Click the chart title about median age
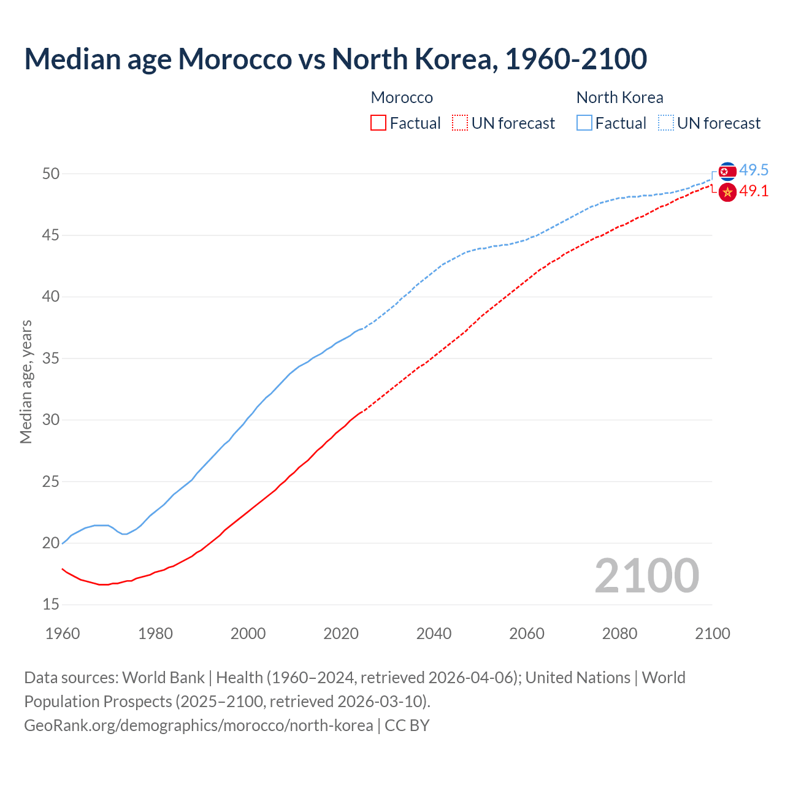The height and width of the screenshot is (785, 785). (335, 59)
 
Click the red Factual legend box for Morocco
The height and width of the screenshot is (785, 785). (378, 123)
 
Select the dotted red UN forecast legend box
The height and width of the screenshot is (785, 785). (460, 123)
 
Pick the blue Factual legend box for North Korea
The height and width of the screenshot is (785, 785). (584, 123)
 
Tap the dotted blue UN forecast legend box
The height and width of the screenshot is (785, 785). (666, 123)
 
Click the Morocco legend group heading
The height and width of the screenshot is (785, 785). (402, 98)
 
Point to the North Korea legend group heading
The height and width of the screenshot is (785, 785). (619, 98)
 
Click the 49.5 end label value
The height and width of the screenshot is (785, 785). (754, 170)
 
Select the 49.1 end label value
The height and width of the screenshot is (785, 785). (754, 191)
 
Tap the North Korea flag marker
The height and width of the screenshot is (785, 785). (727, 171)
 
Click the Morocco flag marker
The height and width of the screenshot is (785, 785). (727, 193)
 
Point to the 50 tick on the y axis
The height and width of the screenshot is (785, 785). (51, 174)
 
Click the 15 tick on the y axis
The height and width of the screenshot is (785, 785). (51, 605)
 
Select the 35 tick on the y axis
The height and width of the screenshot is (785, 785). (51, 358)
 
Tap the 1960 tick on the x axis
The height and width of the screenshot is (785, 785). (63, 634)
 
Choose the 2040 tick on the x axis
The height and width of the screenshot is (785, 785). (434, 634)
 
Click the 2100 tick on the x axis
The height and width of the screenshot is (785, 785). (712, 634)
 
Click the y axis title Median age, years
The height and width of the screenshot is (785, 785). (26, 381)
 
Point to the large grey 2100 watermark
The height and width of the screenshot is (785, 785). (646, 576)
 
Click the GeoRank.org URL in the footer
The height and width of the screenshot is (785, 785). (198, 726)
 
